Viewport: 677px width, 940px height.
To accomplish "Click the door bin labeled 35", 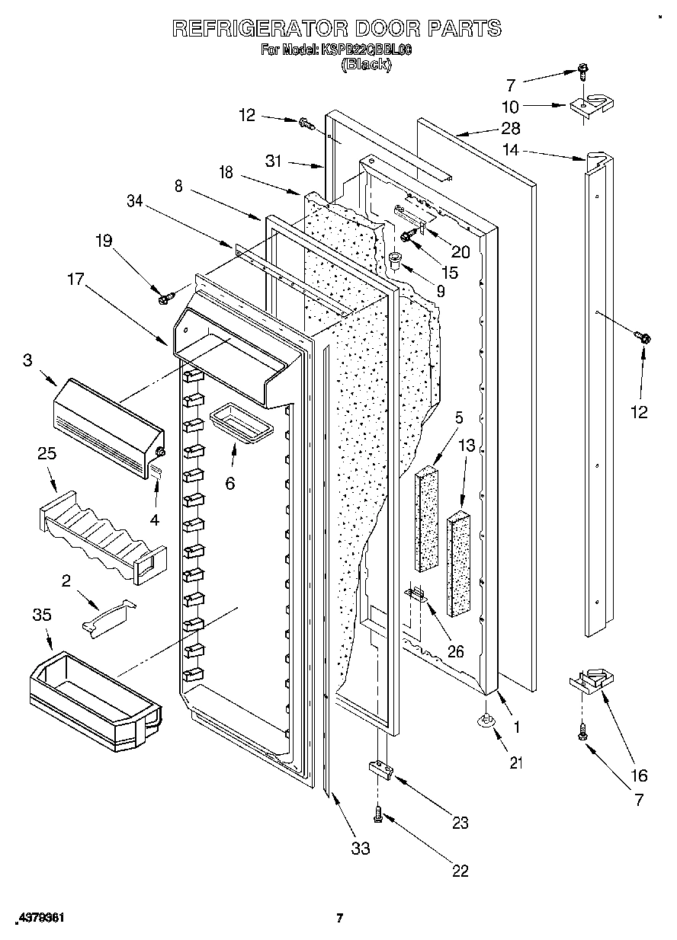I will pos(95,696).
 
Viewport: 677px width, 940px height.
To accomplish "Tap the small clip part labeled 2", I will pos(107,614).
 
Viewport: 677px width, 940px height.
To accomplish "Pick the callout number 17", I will pos(75,280).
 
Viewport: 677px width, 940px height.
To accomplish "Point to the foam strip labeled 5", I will pos(426,519).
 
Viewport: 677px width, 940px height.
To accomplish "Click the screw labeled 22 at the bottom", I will pos(378,816).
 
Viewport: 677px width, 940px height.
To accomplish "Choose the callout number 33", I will pos(360,848).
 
